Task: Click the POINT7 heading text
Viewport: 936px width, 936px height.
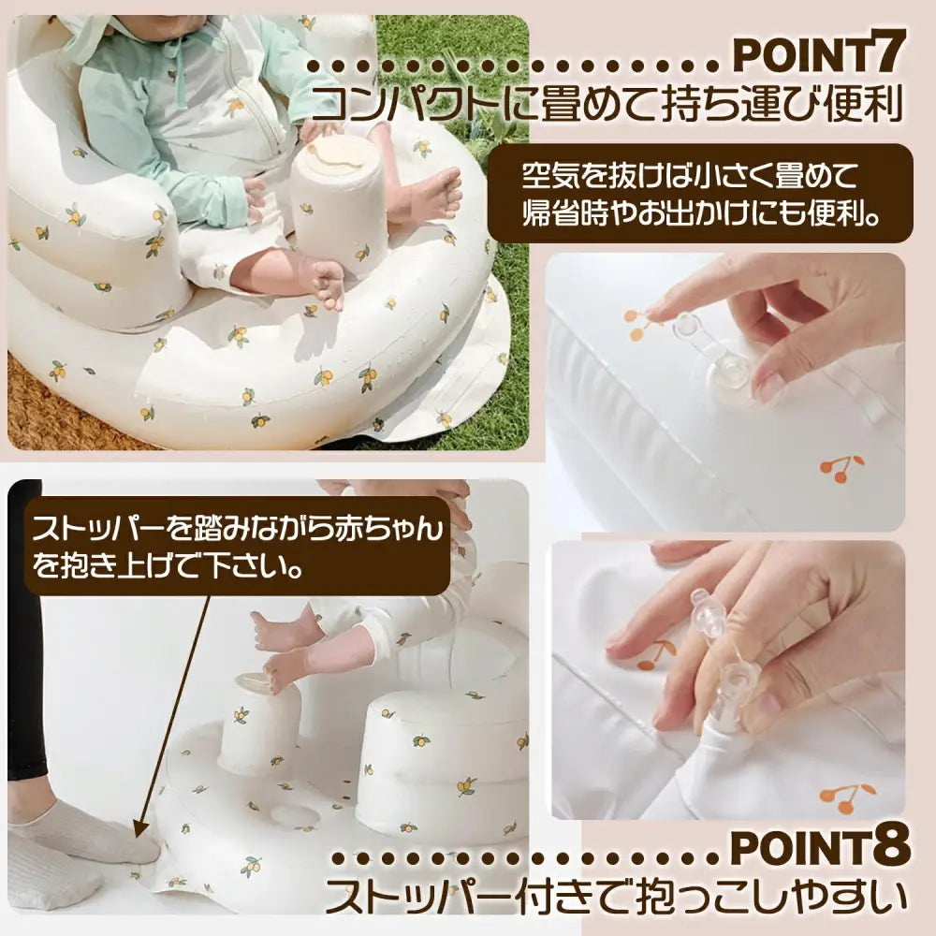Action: (x=817, y=55)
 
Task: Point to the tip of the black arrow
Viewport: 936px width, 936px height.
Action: (x=139, y=832)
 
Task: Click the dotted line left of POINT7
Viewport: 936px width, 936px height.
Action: (x=515, y=66)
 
